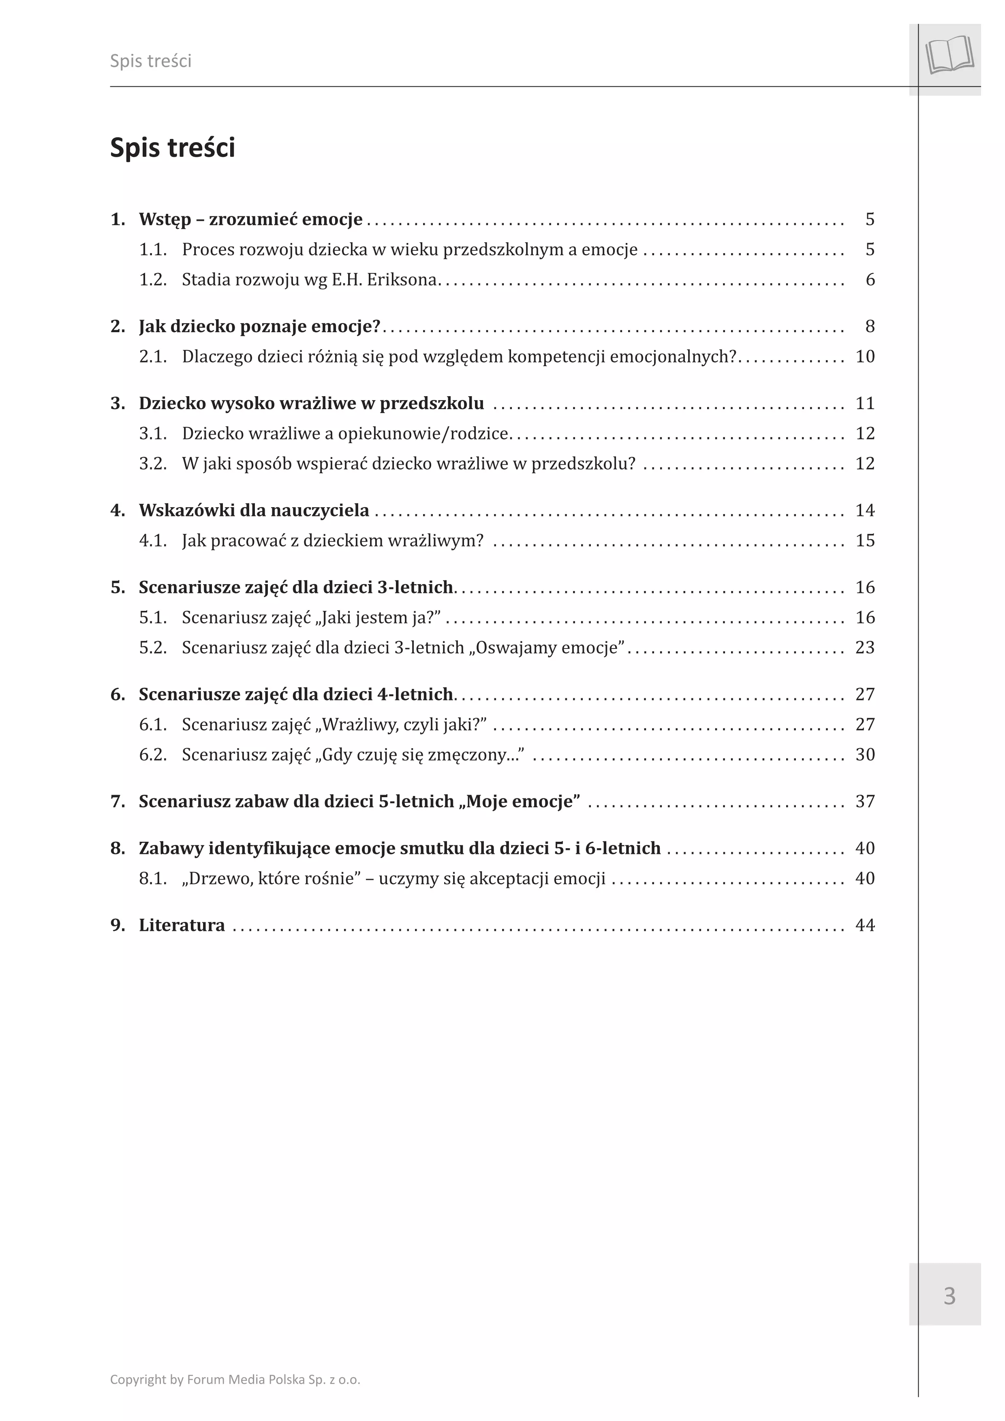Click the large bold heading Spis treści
click(172, 148)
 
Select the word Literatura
click(182, 925)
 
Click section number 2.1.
click(152, 356)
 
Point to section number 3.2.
click(152, 463)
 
